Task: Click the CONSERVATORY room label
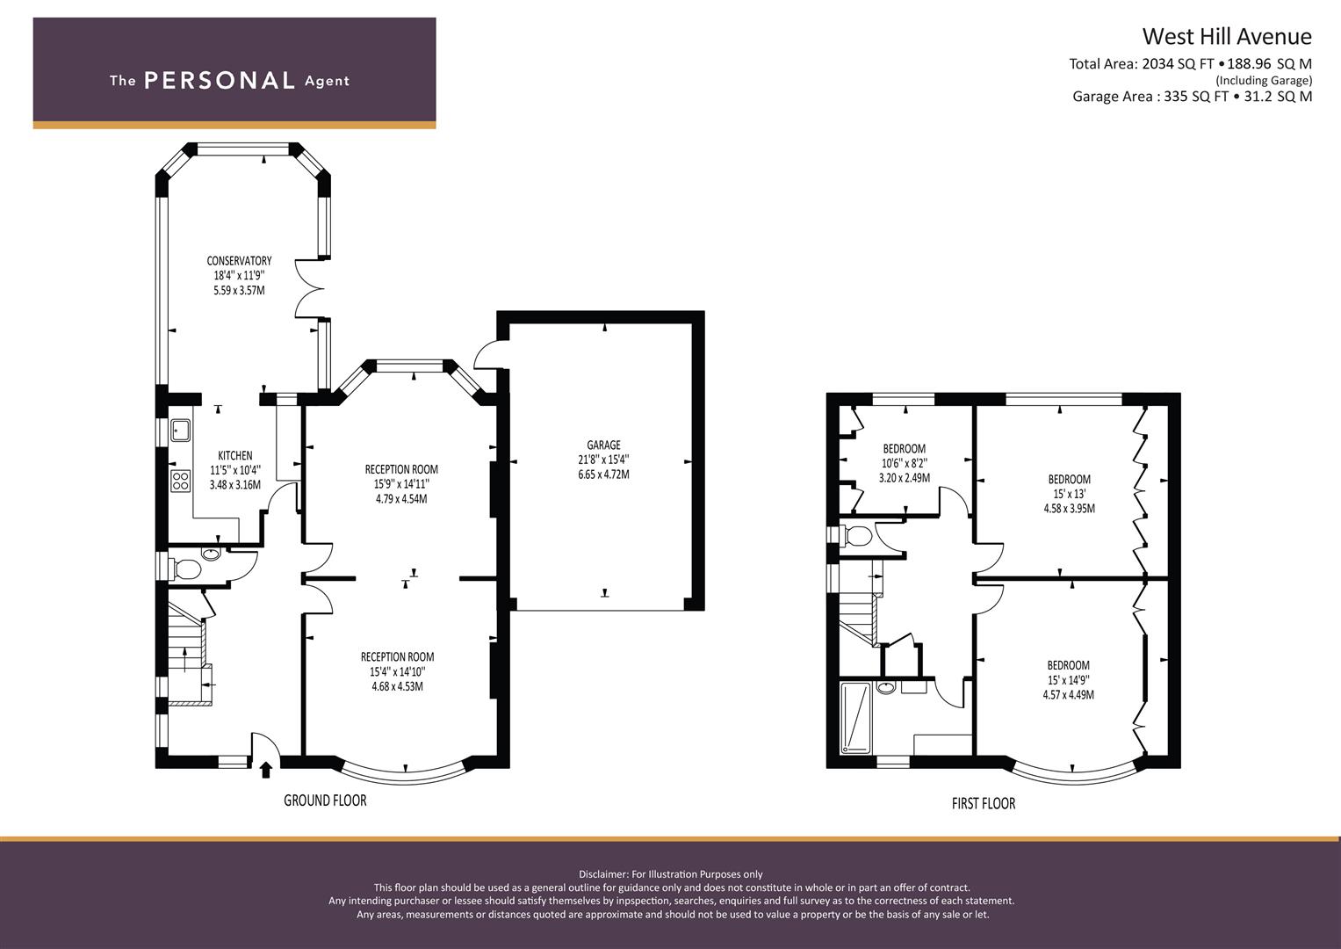point(239,261)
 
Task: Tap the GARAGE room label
point(603,445)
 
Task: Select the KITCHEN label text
point(235,455)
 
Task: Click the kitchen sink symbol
point(180,430)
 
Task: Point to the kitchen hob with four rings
point(181,482)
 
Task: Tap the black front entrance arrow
point(266,770)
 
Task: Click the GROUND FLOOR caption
point(325,800)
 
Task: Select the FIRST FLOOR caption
point(984,803)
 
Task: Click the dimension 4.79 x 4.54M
point(401,498)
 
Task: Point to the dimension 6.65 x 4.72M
point(603,474)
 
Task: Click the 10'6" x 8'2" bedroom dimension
point(905,463)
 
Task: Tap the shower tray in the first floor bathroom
point(856,717)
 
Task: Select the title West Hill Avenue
point(1227,37)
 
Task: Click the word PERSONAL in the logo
point(220,80)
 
